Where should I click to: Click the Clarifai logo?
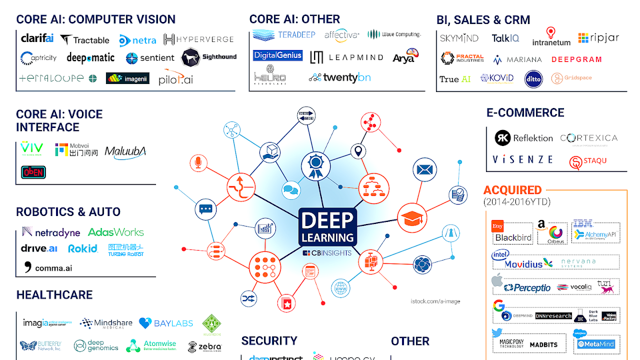pos(37,38)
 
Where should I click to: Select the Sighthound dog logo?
pos(209,57)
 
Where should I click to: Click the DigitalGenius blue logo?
pos(277,55)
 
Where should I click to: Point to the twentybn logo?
pos(340,77)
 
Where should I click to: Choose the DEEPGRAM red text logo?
pos(576,59)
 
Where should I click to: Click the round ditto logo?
pos(533,79)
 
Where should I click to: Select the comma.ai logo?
pos(48,267)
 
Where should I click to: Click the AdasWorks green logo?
pos(115,232)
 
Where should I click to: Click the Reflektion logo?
pos(523,138)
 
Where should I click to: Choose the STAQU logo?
pos(588,161)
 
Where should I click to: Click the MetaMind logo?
pos(596,344)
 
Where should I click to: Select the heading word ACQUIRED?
pos(512,190)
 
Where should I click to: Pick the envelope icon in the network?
pos(424,169)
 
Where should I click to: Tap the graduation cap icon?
pos(412,218)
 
